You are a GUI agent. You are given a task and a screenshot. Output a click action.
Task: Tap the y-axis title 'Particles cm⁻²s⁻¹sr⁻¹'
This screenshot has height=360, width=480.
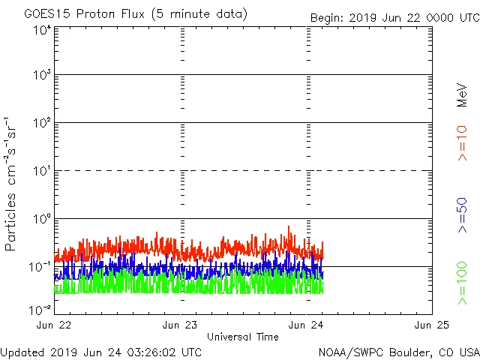pos(12,184)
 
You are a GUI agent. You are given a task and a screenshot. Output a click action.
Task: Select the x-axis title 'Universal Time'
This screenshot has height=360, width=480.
pos(242,337)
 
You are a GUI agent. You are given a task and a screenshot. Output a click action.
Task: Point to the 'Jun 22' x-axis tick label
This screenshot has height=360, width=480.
pos(55,325)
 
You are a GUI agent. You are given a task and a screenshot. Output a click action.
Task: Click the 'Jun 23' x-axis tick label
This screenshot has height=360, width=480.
pos(181,325)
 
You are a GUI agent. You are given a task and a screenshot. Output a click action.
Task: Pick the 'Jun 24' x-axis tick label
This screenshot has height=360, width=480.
pos(307,325)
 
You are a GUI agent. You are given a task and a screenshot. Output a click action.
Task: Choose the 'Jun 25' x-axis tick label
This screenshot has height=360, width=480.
pos(432,325)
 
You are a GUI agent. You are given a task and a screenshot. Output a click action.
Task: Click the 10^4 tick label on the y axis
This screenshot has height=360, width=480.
pos(41,30)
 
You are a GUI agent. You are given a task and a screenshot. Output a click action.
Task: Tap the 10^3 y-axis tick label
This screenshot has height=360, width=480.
pos(41,76)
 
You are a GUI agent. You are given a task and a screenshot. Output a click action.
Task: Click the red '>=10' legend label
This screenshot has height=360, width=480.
pos(463,143)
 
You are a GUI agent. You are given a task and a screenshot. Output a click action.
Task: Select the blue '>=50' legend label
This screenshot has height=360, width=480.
pos(463,214)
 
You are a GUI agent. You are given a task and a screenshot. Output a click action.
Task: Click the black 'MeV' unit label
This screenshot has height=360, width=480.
pos(463,94)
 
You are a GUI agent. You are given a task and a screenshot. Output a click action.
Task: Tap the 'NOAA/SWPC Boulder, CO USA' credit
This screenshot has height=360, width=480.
pos(398,352)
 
